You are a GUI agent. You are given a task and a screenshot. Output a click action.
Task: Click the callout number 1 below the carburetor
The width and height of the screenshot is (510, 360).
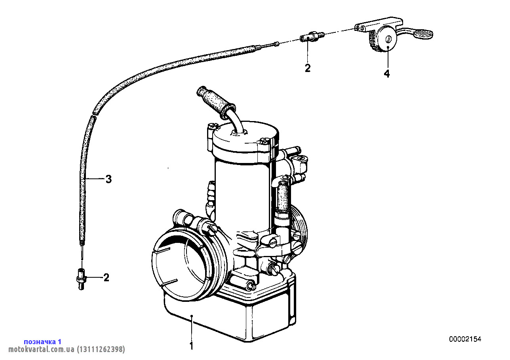click(x=192, y=346)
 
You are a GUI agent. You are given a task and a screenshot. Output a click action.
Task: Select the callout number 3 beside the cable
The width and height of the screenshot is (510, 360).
click(x=108, y=179)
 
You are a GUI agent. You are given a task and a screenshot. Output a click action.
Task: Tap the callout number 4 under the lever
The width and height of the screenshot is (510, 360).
click(x=387, y=74)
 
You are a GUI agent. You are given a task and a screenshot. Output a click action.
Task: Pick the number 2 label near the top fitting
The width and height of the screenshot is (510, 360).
click(x=308, y=68)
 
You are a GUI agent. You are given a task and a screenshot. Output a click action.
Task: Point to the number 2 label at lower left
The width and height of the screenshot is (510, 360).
click(x=107, y=278)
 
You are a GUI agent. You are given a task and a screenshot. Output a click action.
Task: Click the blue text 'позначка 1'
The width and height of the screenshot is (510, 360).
click(x=43, y=341)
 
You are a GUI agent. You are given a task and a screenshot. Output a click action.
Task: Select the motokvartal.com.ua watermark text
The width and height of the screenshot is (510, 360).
click(x=67, y=349)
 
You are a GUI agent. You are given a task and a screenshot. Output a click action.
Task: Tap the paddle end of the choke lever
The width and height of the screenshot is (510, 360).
click(x=423, y=34)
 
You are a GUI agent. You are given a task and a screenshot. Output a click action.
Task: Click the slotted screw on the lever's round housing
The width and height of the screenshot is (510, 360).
click(x=388, y=39)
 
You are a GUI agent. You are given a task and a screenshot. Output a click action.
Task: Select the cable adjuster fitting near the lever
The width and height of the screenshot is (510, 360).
click(x=311, y=37)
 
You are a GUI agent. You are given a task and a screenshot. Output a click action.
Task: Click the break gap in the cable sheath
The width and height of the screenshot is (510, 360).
click(x=95, y=114)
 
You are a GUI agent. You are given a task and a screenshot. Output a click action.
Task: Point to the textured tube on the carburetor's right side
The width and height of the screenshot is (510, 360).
click(x=283, y=196)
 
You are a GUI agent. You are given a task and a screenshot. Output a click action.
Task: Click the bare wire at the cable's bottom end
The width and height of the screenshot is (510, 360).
click(x=82, y=252)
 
